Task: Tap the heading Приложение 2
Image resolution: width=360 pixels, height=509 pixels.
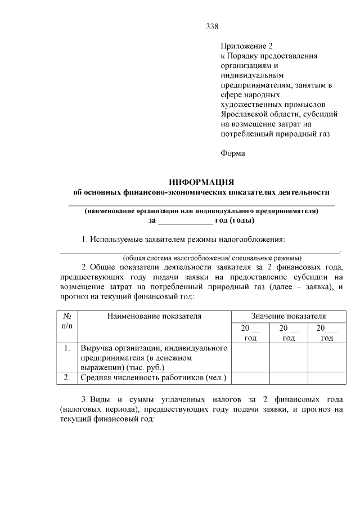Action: (246, 46)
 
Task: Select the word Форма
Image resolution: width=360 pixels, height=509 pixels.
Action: (233, 152)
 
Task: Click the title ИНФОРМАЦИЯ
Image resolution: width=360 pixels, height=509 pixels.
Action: (201, 182)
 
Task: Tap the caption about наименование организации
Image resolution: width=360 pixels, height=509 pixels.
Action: (201, 211)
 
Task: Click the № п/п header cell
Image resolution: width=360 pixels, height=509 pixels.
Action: (66, 321)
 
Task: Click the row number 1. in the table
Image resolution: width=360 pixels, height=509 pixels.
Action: (66, 348)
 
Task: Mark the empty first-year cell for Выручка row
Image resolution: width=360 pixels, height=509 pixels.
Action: (250, 358)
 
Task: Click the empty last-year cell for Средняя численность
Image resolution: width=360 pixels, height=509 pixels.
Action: (326, 377)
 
